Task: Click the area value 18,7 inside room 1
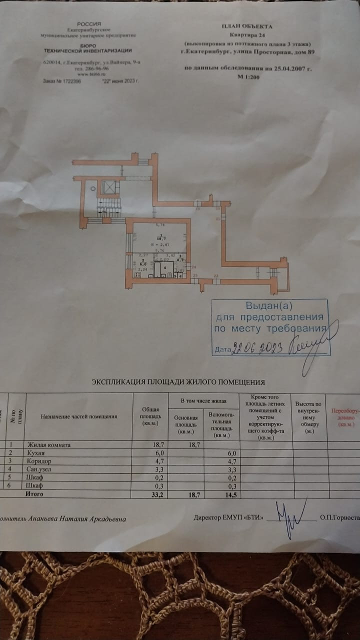point(160,239)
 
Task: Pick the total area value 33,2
point(151,494)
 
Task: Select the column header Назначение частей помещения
point(78,416)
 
